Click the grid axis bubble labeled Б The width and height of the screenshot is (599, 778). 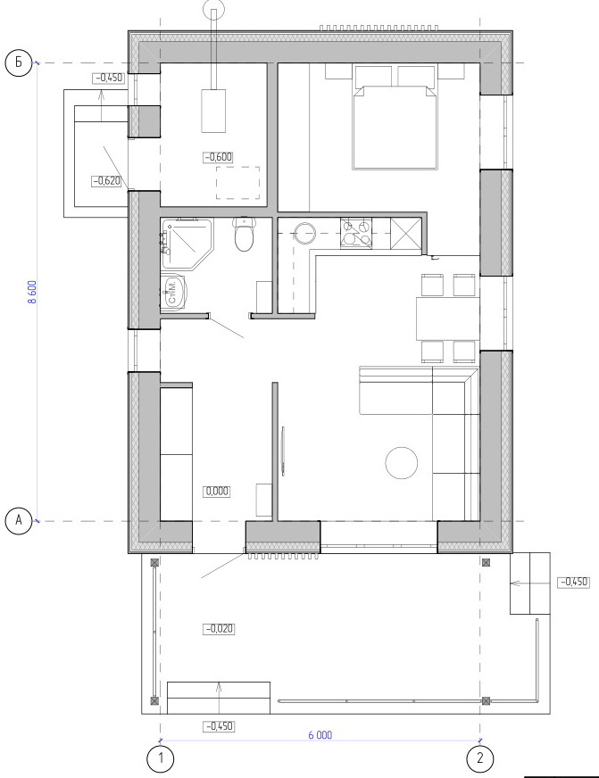19,63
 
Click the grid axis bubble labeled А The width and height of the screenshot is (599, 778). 19,521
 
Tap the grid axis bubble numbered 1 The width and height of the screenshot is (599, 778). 161,758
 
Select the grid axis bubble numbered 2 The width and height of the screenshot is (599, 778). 480,758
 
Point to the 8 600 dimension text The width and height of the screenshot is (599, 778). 32,293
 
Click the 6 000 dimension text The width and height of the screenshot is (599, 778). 320,735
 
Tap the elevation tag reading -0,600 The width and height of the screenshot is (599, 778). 218,157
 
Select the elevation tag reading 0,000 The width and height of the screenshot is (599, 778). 217,492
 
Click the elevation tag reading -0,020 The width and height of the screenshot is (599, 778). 219,629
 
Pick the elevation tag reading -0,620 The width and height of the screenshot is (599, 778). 107,181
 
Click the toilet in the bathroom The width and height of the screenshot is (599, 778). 245,234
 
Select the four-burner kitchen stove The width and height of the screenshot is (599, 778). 356,233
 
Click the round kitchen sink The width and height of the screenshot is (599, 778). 304,233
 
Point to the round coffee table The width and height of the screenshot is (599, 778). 402,463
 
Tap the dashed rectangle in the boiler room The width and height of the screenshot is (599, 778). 238,183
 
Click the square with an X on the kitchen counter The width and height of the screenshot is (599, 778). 405,233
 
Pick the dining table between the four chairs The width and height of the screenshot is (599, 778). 447,318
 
